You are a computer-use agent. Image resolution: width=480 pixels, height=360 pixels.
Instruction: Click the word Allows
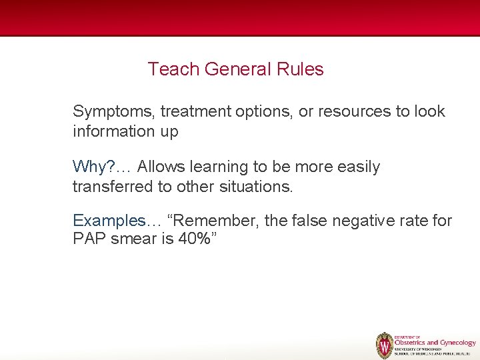pyautogui.click(x=163, y=167)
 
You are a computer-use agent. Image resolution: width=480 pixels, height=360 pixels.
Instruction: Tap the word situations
pyautogui.click(x=255, y=187)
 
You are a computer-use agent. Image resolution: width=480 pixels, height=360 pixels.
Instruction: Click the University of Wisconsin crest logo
pyautogui.click(x=385, y=345)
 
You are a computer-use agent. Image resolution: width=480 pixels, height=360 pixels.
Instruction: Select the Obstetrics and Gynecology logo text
pyautogui.click(x=435, y=342)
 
